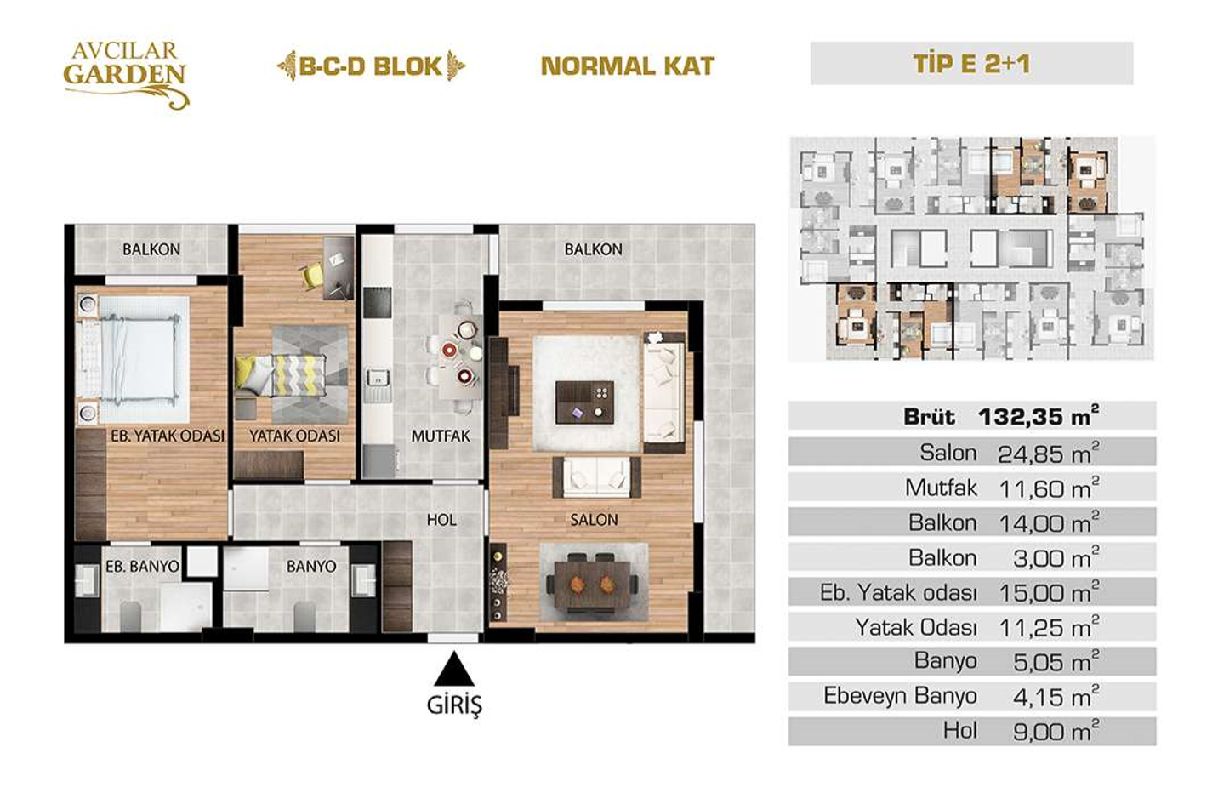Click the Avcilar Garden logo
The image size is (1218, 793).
tap(126, 75)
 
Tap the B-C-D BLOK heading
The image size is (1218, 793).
tap(371, 66)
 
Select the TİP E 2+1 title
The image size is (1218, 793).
tap(971, 64)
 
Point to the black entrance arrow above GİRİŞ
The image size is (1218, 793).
tap(454, 669)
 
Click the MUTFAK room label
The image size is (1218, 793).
tap(441, 436)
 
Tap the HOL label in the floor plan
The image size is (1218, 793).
tap(441, 520)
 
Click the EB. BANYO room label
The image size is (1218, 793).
tap(142, 567)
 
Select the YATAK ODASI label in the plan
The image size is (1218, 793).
tap(294, 436)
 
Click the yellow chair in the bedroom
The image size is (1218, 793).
tap(311, 276)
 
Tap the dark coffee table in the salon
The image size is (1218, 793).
tap(584, 402)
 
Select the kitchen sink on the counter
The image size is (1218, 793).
tap(376, 376)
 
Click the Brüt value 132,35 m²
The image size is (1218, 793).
tap(1038, 417)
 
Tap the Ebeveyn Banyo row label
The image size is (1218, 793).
tap(900, 696)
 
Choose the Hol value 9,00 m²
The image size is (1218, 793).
tap(1056, 732)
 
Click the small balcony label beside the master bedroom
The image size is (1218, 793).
tap(151, 249)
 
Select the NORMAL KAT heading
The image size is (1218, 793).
tap(628, 66)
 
